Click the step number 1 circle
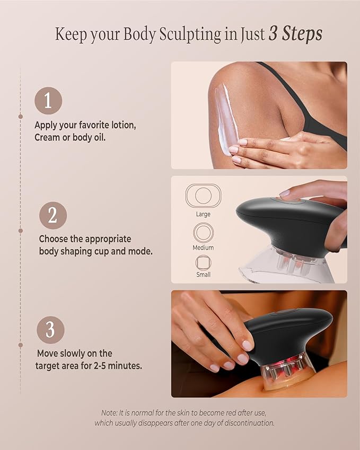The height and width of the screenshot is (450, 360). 48,101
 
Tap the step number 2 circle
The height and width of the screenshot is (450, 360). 53,215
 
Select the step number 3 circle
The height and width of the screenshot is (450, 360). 50,330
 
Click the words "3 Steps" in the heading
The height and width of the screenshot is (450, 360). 295,34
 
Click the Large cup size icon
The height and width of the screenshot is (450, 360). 203,196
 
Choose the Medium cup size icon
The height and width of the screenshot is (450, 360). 203,233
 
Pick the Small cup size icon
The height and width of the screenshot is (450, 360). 203,263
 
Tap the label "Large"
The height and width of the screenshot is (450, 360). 203,214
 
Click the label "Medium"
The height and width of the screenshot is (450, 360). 203,248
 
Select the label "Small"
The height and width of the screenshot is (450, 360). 203,275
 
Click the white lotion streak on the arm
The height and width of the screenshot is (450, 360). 222,119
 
